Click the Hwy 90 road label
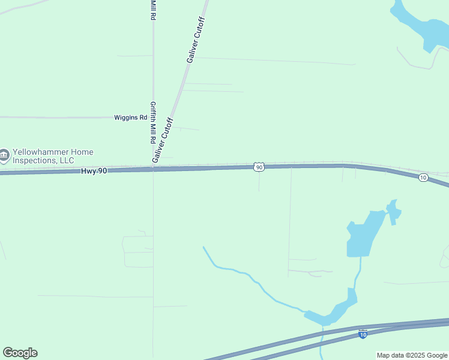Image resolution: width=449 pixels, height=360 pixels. pos(94,171)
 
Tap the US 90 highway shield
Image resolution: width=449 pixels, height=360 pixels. pos(259,167)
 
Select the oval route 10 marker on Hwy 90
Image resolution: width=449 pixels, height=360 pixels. pos(423,178)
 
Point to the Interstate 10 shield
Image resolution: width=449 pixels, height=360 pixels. pos(363,333)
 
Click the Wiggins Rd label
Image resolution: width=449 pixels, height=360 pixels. pos(131,118)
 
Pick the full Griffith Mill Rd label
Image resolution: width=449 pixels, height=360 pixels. pos(154,122)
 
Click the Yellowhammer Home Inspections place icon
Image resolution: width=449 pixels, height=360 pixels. pos(4,156)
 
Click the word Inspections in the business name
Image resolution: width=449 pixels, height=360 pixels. pos(34,160)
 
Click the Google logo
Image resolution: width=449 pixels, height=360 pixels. pos(20,353)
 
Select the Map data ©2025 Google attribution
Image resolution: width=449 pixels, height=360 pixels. pos(412,355)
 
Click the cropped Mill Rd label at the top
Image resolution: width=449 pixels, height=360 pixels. pos(153,10)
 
